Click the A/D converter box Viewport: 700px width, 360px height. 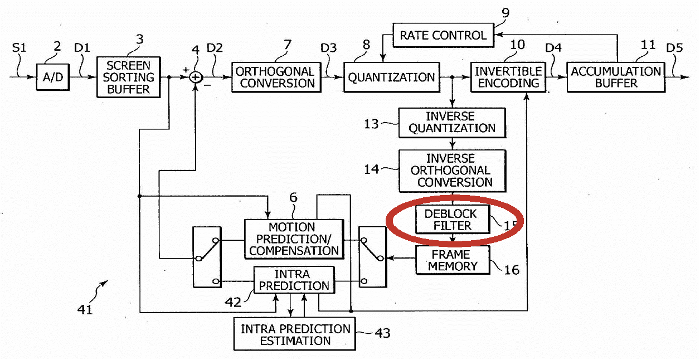[x=53, y=77]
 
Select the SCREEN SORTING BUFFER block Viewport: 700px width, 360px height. [x=128, y=77]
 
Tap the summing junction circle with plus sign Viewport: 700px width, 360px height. [x=196, y=77]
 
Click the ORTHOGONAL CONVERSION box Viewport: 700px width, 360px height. [x=276, y=77]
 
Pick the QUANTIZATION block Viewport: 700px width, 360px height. [x=392, y=77]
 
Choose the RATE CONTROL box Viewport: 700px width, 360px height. [x=443, y=35]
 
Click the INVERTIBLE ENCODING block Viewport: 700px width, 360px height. [x=508, y=77]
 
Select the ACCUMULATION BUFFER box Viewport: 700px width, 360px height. [x=616, y=77]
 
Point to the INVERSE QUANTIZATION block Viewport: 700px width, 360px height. [x=452, y=123]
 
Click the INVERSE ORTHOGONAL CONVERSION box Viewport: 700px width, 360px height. [x=452, y=171]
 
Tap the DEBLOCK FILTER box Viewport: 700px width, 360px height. [x=453, y=220]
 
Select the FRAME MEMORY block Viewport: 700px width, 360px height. [x=453, y=260]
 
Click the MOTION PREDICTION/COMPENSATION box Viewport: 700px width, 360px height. [x=294, y=239]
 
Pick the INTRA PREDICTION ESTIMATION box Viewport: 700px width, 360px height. [x=295, y=334]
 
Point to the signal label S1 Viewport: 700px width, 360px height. [x=20, y=48]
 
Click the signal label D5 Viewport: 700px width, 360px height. [x=674, y=48]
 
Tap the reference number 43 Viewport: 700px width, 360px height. [x=382, y=333]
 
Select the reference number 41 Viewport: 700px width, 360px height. [x=85, y=309]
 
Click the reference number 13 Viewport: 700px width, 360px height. [x=371, y=124]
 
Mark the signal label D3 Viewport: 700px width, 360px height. [x=328, y=48]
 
